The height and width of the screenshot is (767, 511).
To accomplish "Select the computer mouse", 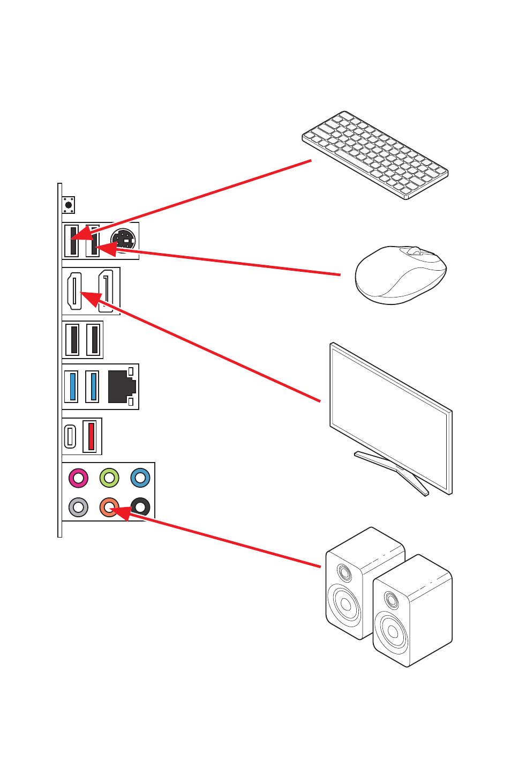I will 401,274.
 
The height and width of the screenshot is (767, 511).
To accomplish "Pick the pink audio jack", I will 78,477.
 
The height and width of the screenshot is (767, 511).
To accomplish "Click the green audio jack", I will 109,477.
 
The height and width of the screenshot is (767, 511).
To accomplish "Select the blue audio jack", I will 140,477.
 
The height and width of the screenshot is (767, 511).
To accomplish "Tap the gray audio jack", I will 78,507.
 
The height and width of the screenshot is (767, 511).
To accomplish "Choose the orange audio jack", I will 109,507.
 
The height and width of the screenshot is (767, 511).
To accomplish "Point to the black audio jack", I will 140,507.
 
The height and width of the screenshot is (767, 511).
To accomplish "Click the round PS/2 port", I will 123,240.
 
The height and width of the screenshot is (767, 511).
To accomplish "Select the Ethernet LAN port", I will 122,386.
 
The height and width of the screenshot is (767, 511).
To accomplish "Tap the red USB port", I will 91,436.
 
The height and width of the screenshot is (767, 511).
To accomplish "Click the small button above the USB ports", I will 69,205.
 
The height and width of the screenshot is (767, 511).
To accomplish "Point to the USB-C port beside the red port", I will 70,436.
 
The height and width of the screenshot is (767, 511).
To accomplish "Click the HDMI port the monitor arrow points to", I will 74,291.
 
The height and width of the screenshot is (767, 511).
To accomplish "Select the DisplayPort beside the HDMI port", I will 106,291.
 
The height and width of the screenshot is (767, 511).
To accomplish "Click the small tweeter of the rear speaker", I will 344,574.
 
